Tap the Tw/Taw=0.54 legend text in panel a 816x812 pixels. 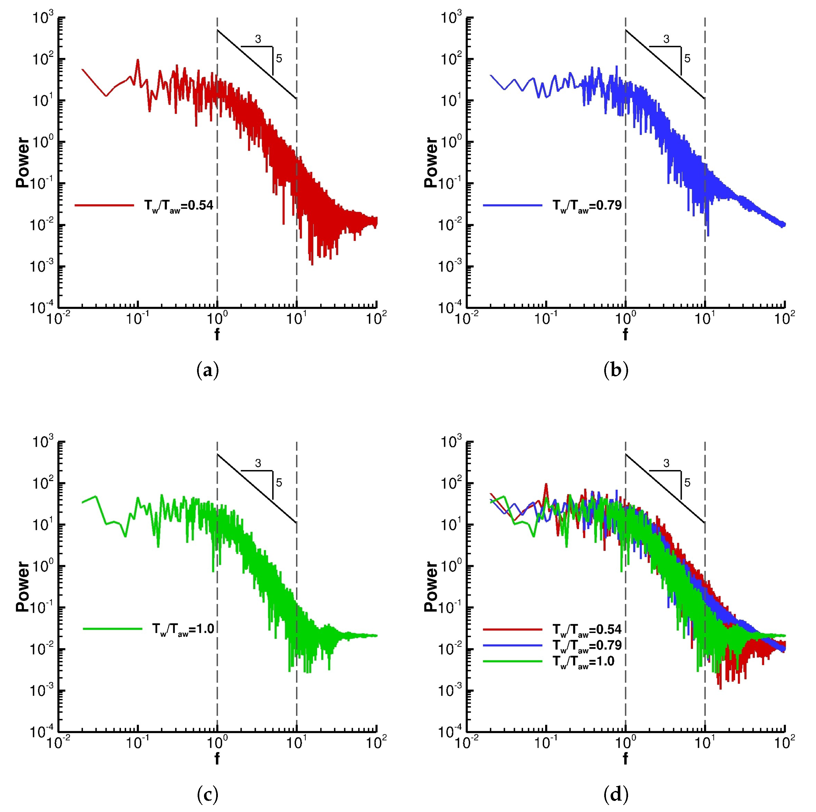[179, 206]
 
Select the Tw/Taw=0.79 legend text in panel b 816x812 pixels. [587, 206]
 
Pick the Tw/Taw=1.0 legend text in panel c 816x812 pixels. [183, 629]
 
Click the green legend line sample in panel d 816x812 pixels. [512, 661]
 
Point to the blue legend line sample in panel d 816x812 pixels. [512, 645]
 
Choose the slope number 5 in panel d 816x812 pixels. [687, 482]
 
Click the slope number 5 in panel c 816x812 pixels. [279, 482]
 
